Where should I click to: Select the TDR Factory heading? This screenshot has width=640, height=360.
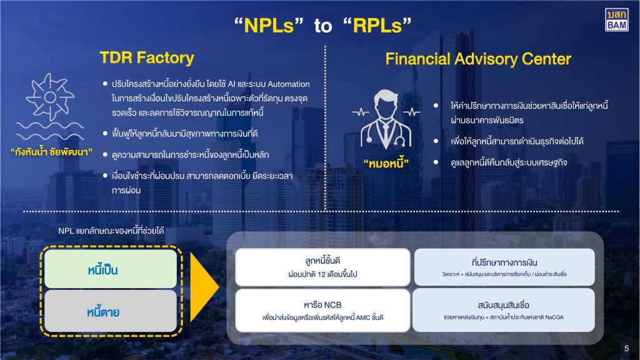147,58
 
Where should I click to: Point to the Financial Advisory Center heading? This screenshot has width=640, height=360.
478,59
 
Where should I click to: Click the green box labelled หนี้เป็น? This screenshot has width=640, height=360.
102,270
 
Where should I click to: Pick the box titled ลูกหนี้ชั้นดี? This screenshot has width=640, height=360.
323,267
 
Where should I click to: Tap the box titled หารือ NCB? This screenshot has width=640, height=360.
323,310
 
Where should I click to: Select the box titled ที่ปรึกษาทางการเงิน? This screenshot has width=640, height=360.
505,267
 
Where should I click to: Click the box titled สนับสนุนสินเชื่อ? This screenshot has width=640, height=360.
505,310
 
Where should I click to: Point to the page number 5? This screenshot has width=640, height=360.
627,348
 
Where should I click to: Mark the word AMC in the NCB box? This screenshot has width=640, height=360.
362,317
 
